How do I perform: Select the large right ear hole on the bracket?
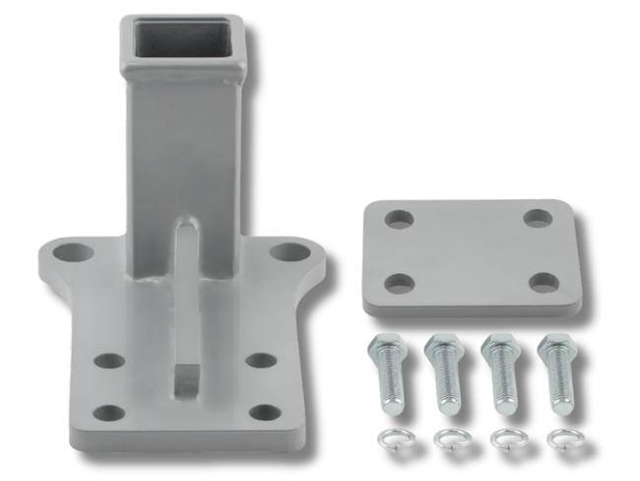pyautogui.click(x=288, y=252)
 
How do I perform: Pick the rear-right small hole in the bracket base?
pyautogui.click(x=260, y=361)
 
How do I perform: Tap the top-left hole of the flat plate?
pyautogui.click(x=398, y=219)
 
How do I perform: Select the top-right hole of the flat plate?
pyautogui.click(x=538, y=218)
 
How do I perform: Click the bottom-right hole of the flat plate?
pyautogui.click(x=543, y=283)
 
